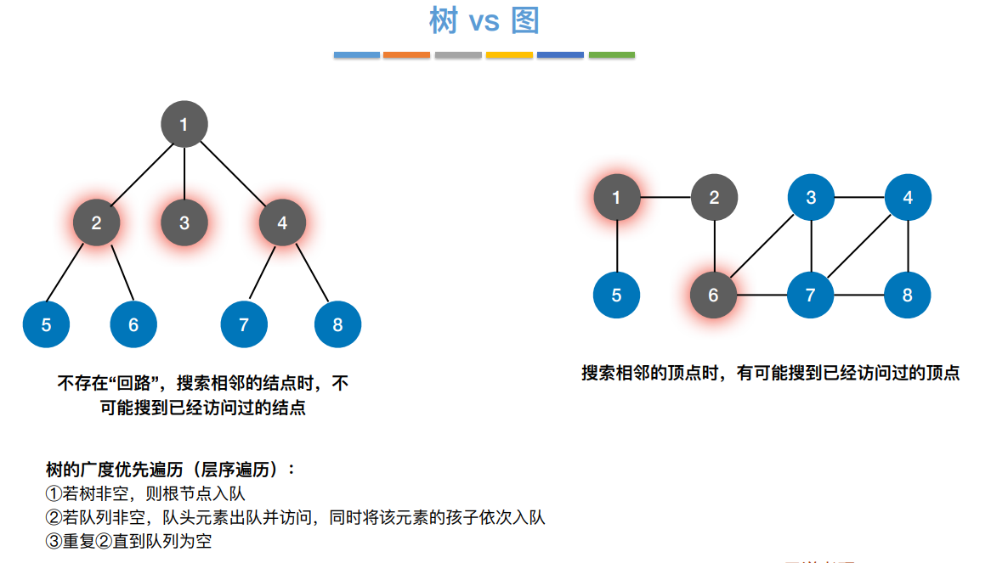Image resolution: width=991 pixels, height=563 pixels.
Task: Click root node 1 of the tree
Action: pyautogui.click(x=184, y=126)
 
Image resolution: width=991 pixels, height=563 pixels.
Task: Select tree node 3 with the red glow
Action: pyautogui.click(x=184, y=223)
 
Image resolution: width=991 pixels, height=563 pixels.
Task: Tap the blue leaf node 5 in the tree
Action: pyautogui.click(x=47, y=324)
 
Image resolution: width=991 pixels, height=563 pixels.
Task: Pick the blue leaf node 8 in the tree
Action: pyautogui.click(x=337, y=324)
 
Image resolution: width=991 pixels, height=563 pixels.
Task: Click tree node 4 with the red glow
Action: pyautogui.click(x=282, y=223)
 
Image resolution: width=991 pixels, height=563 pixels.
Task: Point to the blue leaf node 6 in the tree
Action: pyautogui.click(x=133, y=324)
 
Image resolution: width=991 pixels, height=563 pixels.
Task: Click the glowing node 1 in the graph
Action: pyautogui.click(x=616, y=198)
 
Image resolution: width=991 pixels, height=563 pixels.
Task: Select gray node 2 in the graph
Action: pyautogui.click(x=714, y=198)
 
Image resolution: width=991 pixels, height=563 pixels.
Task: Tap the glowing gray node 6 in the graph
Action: pyautogui.click(x=713, y=296)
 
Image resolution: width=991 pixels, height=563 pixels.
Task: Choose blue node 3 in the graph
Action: pyautogui.click(x=811, y=198)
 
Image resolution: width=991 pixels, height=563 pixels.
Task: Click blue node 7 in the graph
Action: pyautogui.click(x=810, y=296)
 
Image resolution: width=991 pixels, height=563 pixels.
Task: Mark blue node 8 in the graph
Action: pyautogui.click(x=908, y=296)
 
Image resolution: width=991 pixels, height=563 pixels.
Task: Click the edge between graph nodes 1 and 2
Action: pyautogui.click(x=665, y=198)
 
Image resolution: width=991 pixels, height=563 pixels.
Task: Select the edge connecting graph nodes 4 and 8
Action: pyautogui.click(x=908, y=246)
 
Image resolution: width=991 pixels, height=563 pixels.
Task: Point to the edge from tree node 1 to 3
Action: pyautogui.click(x=184, y=174)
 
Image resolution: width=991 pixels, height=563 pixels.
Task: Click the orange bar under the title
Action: pyautogui.click(x=406, y=55)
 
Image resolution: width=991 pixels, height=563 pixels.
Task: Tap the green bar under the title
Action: pyautogui.click(x=611, y=55)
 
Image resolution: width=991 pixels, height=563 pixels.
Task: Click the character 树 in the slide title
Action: pyautogui.click(x=444, y=21)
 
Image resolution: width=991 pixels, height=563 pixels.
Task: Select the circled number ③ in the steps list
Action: pyautogui.click(x=54, y=541)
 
